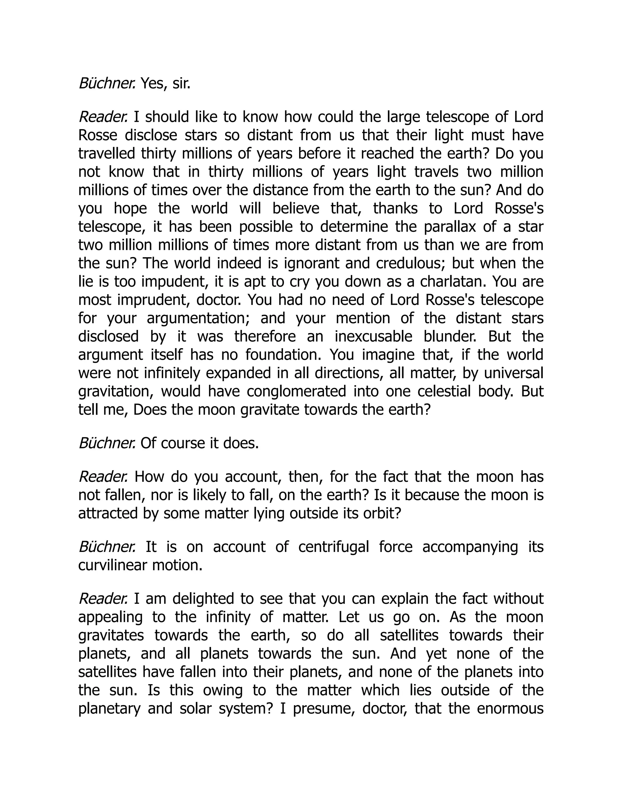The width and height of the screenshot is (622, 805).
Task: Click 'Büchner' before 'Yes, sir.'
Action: [x=107, y=84]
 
